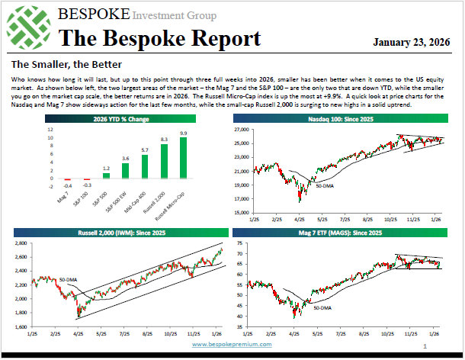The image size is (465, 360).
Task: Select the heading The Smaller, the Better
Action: tap(57, 66)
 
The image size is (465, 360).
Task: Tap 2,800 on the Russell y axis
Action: tap(21, 243)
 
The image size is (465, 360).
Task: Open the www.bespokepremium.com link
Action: tap(232, 345)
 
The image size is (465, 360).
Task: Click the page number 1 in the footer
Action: tap(424, 347)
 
